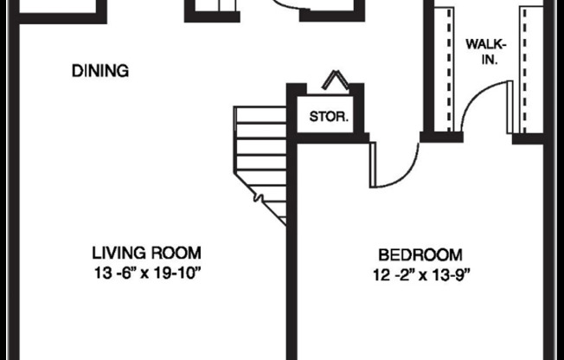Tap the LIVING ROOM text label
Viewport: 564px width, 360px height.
click(146, 254)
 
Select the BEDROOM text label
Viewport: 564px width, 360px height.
click(420, 255)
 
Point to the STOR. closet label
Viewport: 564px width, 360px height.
click(330, 115)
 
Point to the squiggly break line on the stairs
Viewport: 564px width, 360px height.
click(258, 198)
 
